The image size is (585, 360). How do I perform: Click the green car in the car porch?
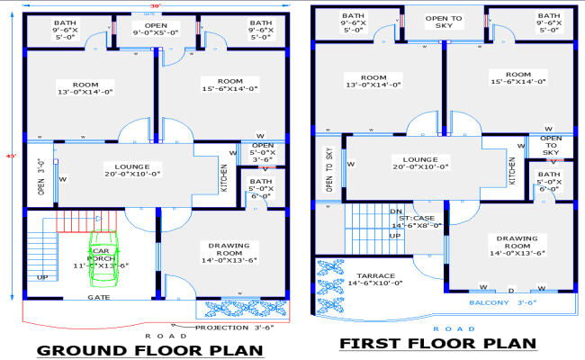click(x=102, y=261)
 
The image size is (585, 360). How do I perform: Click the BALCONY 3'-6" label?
click(x=512, y=303)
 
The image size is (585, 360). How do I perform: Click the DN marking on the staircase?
click(x=395, y=212)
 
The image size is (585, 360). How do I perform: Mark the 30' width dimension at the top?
click(x=156, y=7)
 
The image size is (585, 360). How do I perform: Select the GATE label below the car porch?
click(x=99, y=296)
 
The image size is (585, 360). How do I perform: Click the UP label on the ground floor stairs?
click(x=41, y=277)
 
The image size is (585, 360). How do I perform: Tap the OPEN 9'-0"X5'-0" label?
click(x=156, y=29)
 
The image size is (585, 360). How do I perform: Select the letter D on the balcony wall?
click(x=510, y=290)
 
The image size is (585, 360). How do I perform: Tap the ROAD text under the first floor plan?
click(x=441, y=328)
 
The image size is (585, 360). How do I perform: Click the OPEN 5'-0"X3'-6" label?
click(x=263, y=151)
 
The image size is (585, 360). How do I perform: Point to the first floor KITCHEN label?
click(x=513, y=171)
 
